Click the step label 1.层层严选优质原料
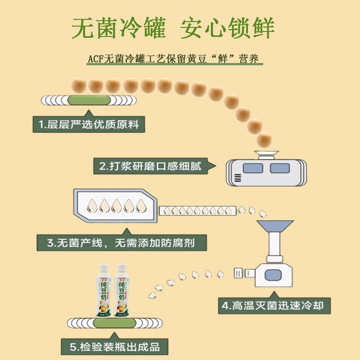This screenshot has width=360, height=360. (89, 124)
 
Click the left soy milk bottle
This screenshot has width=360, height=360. (104, 291)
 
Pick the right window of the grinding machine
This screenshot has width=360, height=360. (279, 169)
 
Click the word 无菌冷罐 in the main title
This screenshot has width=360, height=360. (119, 29)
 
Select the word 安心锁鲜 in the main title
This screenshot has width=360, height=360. (227, 29)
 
